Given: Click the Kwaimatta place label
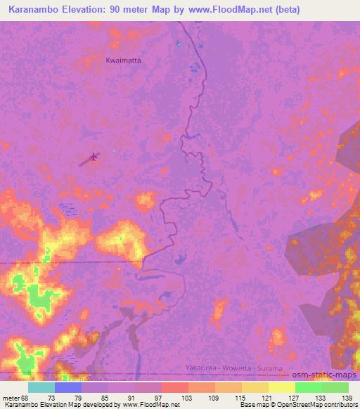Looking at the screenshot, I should pyautogui.click(x=123, y=60).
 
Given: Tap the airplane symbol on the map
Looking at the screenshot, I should pyautogui.click(x=94, y=157).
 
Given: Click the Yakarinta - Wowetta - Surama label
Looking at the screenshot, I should pyautogui.click(x=234, y=368).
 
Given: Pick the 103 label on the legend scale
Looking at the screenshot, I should pyautogui.click(x=188, y=398).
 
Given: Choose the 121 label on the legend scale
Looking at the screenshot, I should pyautogui.click(x=268, y=398).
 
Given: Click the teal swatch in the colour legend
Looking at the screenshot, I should pyautogui.click(x=41, y=387).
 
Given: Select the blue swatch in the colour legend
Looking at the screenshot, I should pyautogui.click(x=67, y=387).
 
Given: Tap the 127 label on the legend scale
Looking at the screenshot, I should pyautogui.click(x=295, y=398).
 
